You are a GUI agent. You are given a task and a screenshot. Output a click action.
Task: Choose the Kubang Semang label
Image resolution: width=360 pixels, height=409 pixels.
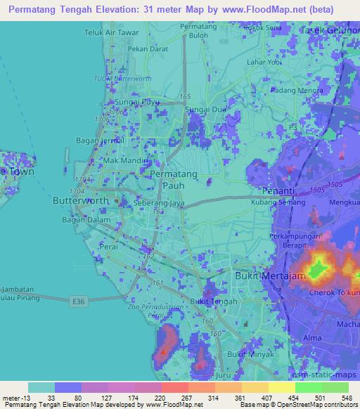[276, 202]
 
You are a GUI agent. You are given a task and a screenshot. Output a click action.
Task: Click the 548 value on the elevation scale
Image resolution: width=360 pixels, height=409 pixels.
[345, 398]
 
